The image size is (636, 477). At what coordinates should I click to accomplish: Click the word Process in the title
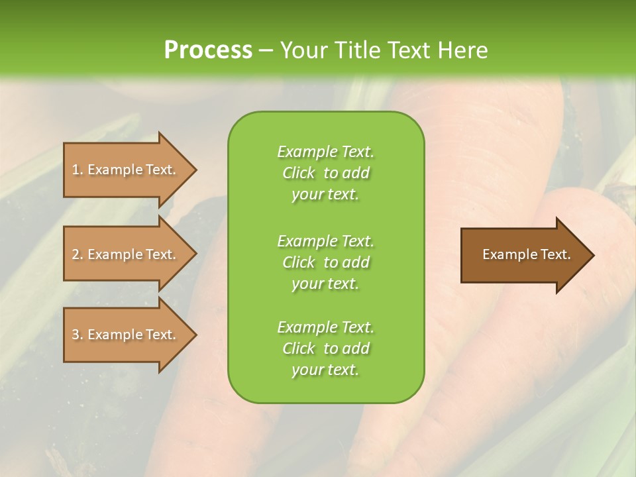[x=208, y=50]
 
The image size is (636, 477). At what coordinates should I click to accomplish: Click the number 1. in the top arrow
[x=77, y=170]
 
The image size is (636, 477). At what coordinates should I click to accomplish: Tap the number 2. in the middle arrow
[x=77, y=254]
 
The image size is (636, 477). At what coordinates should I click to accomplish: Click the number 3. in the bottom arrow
[x=77, y=335]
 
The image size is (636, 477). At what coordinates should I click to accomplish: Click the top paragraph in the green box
[x=325, y=173]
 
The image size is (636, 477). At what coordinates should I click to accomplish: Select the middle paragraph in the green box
[x=325, y=262]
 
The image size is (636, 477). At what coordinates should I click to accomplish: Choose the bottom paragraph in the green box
[x=325, y=348]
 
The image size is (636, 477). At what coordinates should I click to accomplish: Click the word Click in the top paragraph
[x=299, y=173]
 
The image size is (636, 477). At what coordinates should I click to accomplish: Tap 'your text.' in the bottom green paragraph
[x=325, y=370]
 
